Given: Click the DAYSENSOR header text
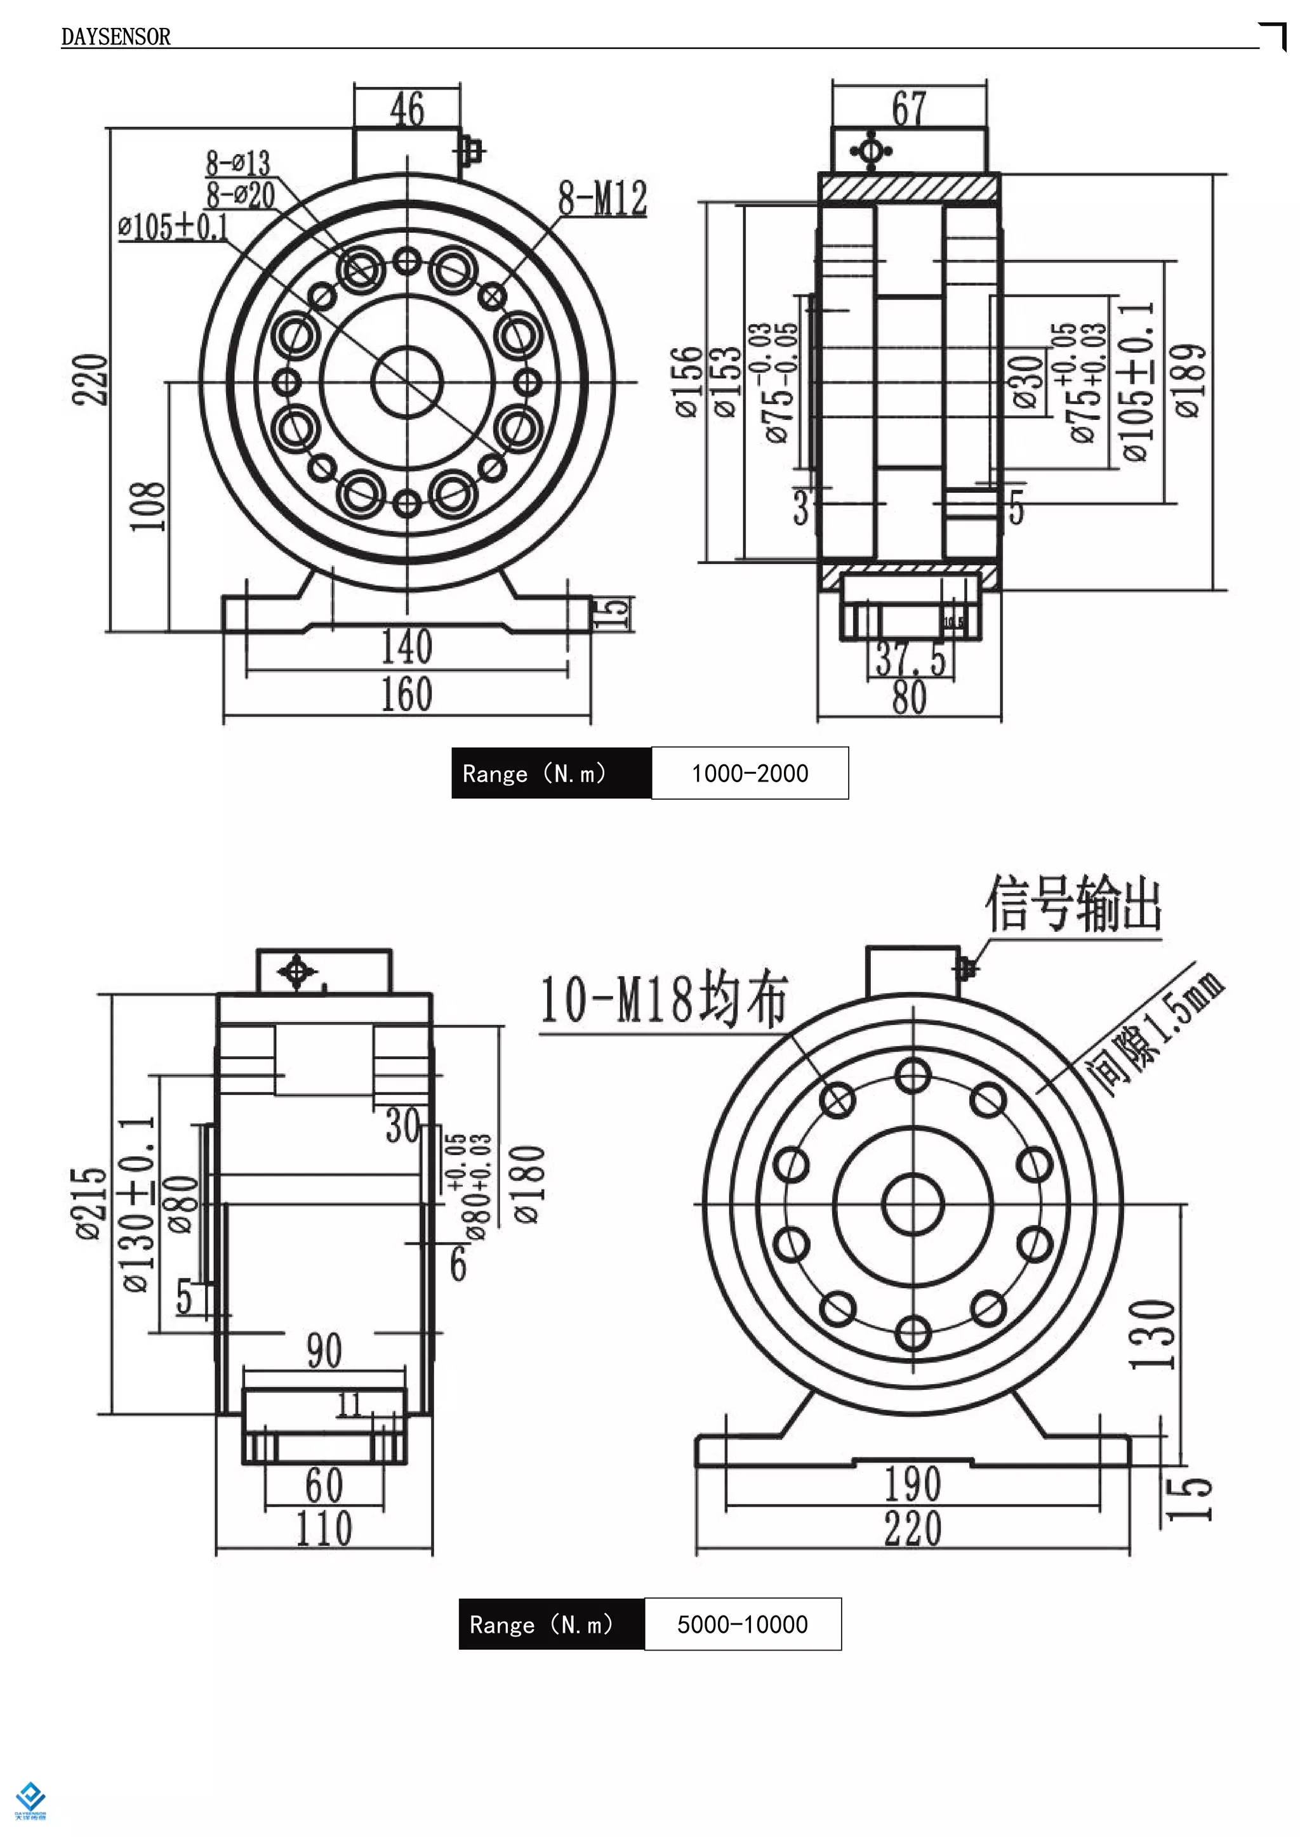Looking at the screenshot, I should (116, 37).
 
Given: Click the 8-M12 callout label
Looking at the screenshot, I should (602, 199).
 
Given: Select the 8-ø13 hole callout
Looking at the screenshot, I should (238, 163).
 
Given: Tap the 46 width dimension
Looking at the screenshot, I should (407, 110).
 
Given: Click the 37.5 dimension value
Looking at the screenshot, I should (911, 658).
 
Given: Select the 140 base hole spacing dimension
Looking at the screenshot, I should (407, 646).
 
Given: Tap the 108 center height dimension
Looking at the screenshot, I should (148, 506).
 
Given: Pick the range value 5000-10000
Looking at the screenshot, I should (742, 1624).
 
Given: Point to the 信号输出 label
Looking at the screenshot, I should (1073, 904).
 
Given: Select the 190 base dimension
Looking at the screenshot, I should (913, 1484).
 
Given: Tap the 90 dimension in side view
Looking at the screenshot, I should (324, 1351).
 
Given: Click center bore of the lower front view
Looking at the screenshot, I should (913, 1204).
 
